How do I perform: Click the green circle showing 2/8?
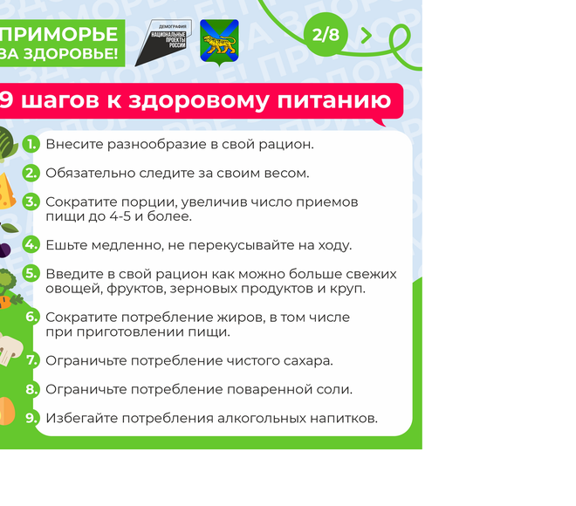pos(326,35)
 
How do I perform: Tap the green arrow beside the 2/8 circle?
pos(367,35)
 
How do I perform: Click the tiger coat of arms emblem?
pos(219,43)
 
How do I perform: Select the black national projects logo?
pos(163,43)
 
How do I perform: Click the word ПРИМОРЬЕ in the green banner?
pos(59,34)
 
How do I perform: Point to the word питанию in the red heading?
pos(334,100)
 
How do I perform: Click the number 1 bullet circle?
pos(31,144)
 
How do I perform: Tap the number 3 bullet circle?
pos(31,202)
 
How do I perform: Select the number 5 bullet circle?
pos(31,274)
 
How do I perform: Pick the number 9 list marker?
pos(31,418)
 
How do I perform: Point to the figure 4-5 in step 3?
pos(120,215)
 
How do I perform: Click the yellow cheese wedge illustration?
pos(7,191)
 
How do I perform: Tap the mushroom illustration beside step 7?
pos(10,349)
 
